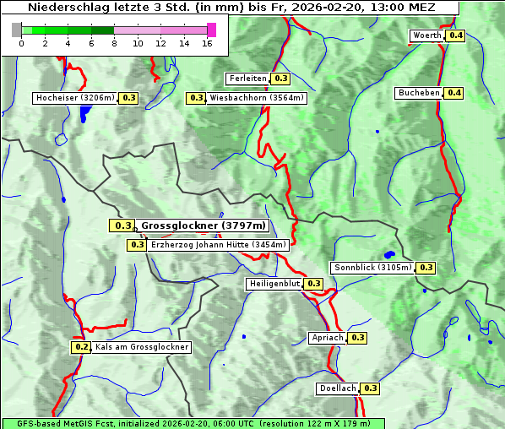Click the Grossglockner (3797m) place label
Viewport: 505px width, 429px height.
point(204,225)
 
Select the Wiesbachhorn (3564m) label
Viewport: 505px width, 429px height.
point(257,98)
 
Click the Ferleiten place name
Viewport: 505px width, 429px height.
point(247,79)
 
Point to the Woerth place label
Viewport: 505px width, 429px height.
point(426,35)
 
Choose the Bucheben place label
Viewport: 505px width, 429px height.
point(419,93)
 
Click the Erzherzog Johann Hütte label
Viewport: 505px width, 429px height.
point(219,245)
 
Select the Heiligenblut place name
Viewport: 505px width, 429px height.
point(274,284)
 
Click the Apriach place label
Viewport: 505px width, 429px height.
point(328,338)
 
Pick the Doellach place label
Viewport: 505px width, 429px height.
point(338,388)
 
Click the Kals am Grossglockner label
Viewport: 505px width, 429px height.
point(142,347)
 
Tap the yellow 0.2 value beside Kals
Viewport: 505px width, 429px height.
point(81,347)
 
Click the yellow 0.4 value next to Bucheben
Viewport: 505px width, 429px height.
point(454,93)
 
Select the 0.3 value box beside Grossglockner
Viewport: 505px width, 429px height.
point(122,225)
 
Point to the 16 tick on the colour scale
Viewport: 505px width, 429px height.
point(207,43)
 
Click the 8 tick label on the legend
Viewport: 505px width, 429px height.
point(114,43)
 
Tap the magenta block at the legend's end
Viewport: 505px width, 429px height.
point(211,30)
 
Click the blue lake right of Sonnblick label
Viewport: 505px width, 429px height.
point(389,253)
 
